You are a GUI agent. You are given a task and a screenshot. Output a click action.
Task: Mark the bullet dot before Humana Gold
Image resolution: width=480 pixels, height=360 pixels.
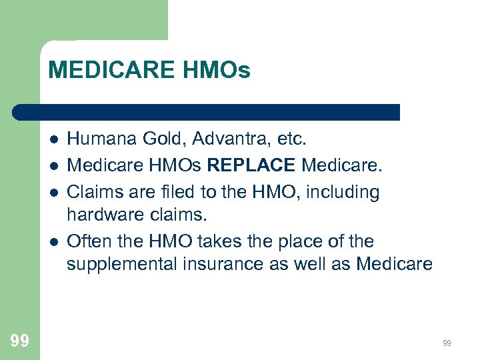click(x=52, y=140)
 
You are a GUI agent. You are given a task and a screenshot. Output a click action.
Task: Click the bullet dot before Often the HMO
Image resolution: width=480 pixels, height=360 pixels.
click(x=52, y=241)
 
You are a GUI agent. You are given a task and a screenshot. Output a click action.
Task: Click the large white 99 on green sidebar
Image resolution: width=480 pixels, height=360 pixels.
click(x=19, y=341)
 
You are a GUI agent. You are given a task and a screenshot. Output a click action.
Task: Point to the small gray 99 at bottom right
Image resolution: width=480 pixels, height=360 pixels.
click(x=447, y=343)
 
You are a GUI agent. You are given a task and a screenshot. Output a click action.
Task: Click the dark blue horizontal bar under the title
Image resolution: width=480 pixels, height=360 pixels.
click(x=207, y=112)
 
